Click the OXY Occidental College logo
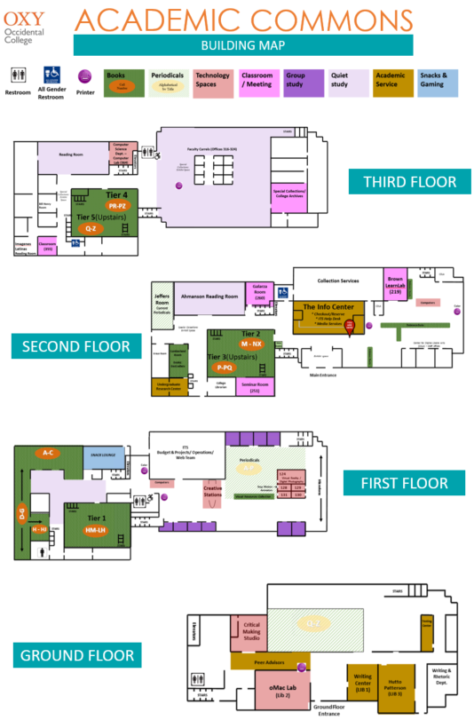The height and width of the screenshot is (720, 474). click(30, 20)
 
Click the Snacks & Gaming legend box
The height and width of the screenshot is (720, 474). click(437, 83)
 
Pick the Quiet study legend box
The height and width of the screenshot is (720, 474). click(347, 83)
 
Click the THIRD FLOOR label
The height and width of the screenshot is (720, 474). click(408, 182)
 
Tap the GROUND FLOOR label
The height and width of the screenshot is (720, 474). click(77, 656)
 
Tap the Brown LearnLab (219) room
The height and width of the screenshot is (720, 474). click(395, 284)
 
